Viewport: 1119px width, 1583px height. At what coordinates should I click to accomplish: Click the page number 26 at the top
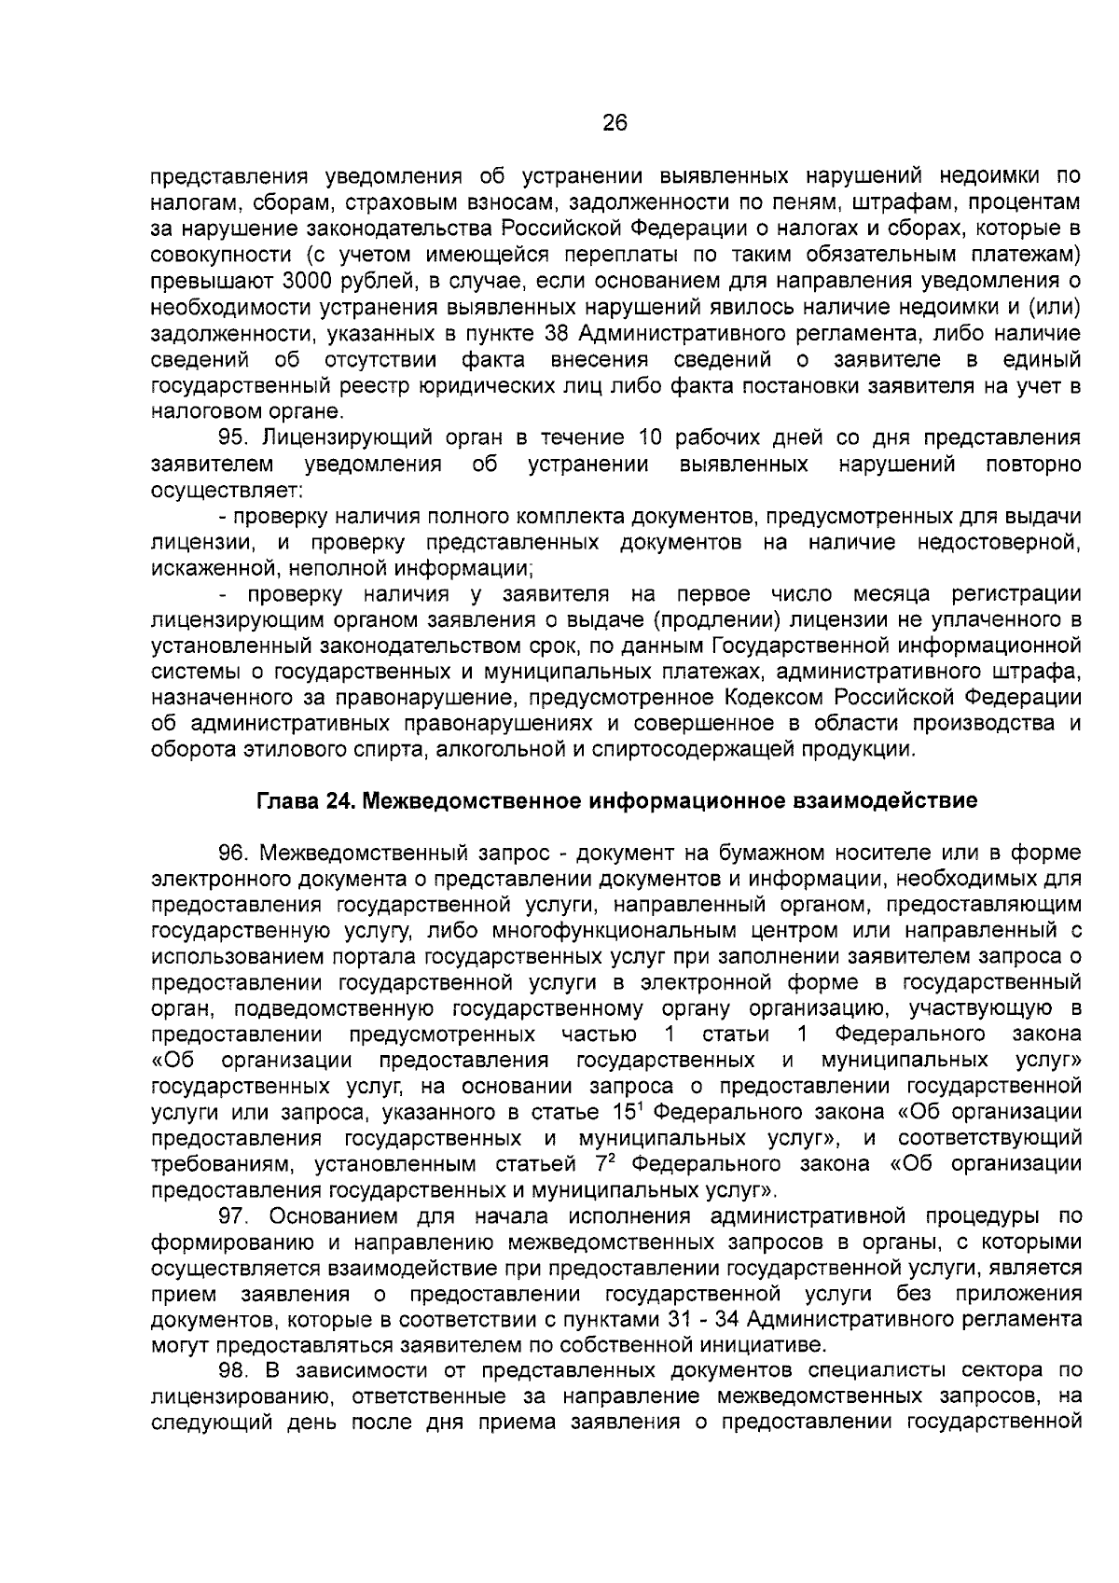click(615, 124)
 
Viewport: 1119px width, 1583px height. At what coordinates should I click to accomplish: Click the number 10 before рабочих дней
click(649, 438)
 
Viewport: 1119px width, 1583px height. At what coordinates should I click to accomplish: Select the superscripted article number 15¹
click(633, 1112)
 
